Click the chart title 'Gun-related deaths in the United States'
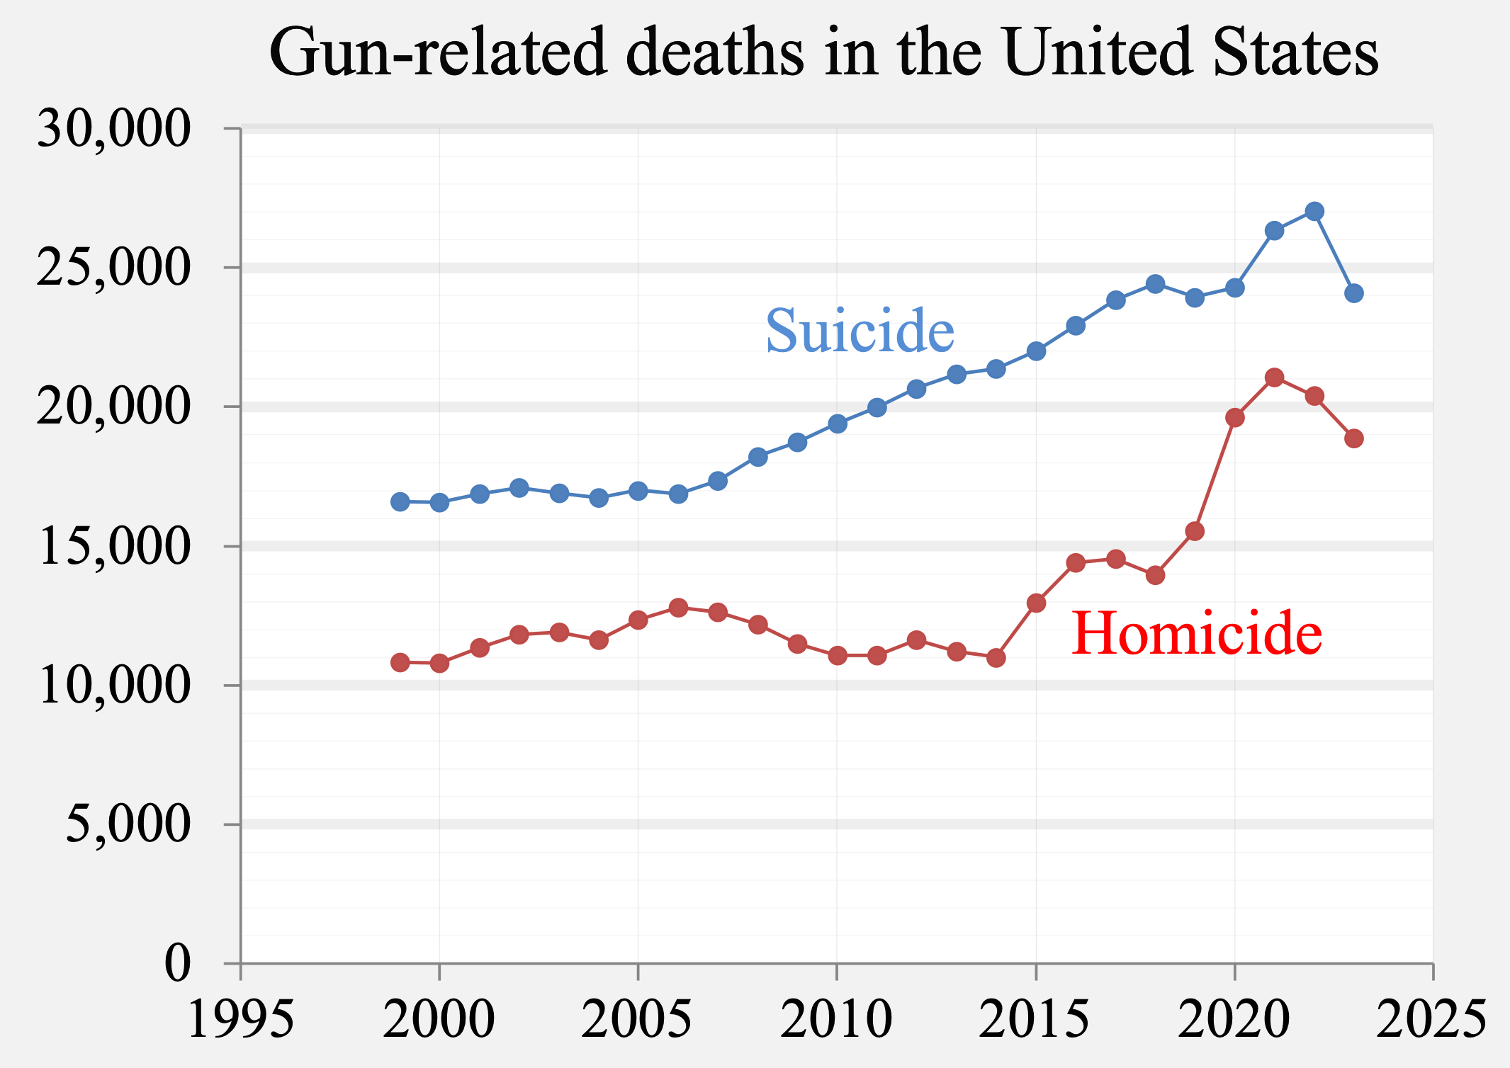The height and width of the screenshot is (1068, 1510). pos(824,52)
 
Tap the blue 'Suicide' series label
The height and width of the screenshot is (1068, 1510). pos(860,331)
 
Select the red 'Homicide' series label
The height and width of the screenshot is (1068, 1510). pos(1196,633)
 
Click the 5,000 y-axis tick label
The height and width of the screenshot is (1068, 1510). pos(128,824)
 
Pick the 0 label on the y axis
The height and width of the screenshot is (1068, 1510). pos(177,963)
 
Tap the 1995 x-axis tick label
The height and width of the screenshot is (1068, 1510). pos(240,1020)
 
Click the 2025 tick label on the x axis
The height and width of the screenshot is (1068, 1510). pos(1431,1020)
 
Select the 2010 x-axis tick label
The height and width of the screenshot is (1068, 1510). pos(836,1020)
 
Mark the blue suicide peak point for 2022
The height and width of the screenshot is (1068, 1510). pos(1314,211)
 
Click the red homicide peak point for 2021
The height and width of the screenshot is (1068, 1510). pos(1275,377)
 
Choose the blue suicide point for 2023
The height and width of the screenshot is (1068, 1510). pos(1354,293)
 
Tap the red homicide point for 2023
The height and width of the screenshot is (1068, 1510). pos(1354,438)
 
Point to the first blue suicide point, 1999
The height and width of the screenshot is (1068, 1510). pos(400,501)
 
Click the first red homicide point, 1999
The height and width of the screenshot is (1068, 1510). pos(400,662)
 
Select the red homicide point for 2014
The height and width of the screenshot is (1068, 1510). pos(996,658)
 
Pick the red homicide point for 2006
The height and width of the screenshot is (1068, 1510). pos(678,608)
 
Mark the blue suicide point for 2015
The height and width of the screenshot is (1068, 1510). pos(1036,351)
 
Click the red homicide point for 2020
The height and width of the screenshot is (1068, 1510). pos(1235,417)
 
